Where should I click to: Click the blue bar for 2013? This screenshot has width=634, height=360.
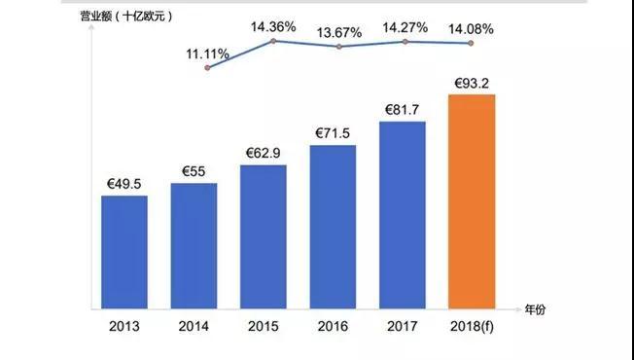pos(124,251)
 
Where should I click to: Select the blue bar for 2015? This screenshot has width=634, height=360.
pos(263,236)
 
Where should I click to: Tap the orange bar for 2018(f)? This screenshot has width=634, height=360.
pos(472,201)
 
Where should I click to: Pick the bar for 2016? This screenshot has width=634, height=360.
pos(333,227)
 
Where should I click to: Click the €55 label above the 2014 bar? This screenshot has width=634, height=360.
pos(194,172)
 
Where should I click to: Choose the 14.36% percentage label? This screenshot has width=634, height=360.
pos(274,26)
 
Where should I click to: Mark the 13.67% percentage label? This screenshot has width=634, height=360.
pos(340,32)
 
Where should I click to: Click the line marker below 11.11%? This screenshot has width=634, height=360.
pos(207,69)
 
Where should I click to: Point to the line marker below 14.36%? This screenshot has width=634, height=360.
pos(273,41)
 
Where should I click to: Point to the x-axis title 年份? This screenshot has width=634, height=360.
pos(537,309)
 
